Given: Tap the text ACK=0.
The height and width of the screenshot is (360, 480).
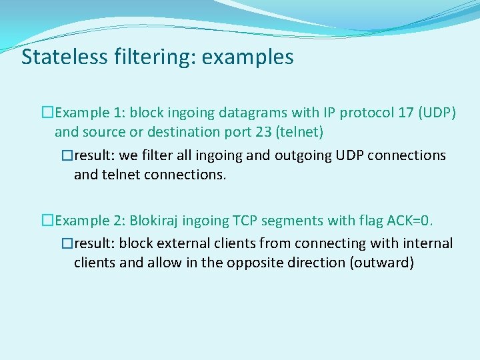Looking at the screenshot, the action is tap(414, 221).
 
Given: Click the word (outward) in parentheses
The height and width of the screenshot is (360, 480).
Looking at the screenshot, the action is tap(381, 263).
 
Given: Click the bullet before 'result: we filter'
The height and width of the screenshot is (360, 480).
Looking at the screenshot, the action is tap(66, 155).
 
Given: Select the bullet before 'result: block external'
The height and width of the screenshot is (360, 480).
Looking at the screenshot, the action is tap(66, 243).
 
